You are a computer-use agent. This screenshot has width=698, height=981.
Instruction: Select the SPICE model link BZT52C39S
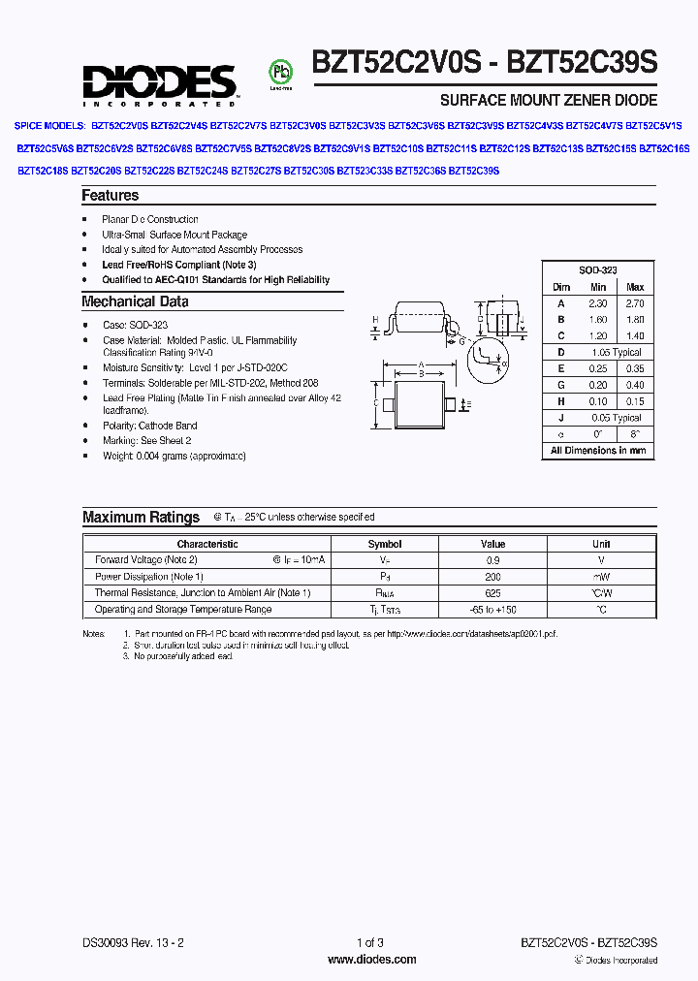click(x=474, y=171)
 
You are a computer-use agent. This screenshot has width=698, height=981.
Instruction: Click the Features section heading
click(x=110, y=196)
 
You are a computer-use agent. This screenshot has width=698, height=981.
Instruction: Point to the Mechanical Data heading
click(x=135, y=301)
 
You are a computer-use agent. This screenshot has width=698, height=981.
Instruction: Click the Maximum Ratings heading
click(x=141, y=518)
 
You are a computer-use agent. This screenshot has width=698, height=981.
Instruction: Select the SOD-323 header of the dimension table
click(x=597, y=270)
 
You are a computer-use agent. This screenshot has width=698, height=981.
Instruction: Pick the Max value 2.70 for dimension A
click(x=635, y=303)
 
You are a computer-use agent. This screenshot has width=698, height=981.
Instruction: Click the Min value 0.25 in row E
click(x=598, y=369)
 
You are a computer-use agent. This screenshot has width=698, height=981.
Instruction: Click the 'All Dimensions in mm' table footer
click(x=597, y=451)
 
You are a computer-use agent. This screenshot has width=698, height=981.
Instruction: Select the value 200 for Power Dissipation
click(x=492, y=577)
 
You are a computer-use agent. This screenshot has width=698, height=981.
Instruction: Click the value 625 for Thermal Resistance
click(x=492, y=593)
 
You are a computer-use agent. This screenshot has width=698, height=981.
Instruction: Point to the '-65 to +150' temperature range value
click(x=492, y=610)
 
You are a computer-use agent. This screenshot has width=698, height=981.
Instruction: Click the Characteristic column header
click(x=207, y=544)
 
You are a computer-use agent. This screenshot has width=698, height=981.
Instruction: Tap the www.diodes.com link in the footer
click(x=372, y=960)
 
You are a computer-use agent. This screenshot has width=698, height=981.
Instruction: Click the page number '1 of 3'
click(x=370, y=942)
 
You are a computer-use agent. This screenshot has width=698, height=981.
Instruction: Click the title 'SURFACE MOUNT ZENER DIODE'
click(x=549, y=100)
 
